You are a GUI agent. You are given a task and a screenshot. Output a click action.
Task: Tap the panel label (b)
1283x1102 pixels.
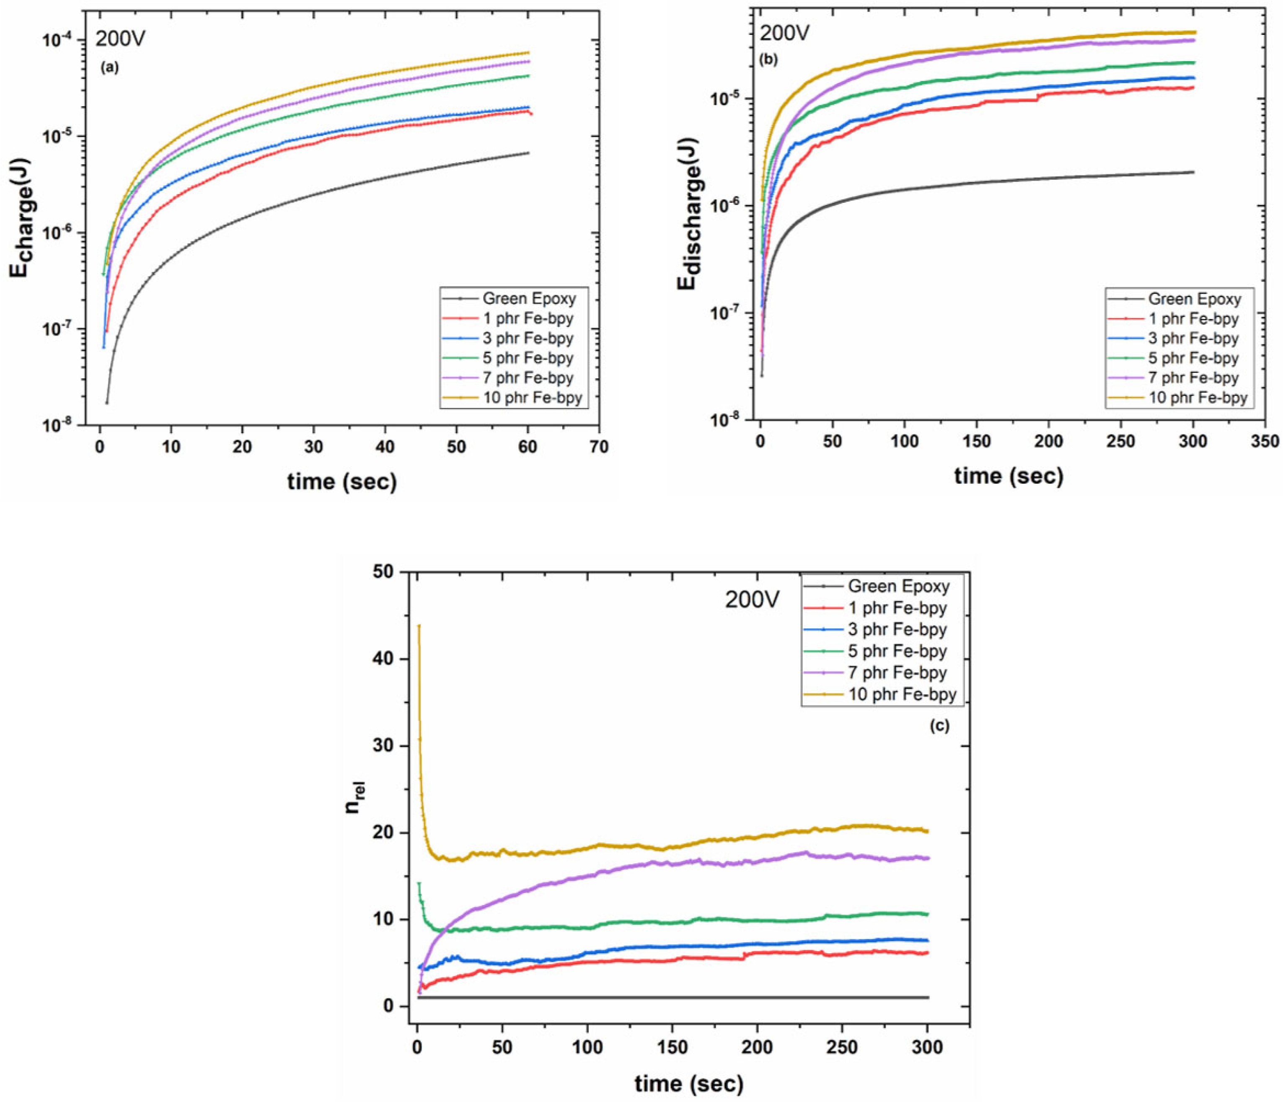[768, 60]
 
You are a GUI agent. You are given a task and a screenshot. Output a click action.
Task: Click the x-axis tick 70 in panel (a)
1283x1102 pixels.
[598, 447]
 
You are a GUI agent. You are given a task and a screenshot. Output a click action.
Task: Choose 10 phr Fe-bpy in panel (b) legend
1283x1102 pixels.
[1198, 398]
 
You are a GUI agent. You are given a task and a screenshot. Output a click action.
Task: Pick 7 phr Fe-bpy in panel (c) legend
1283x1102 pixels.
[897, 673]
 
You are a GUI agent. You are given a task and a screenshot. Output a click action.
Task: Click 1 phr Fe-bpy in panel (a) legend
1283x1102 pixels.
[528, 318]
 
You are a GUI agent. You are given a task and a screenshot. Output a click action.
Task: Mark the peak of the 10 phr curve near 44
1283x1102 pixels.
[419, 626]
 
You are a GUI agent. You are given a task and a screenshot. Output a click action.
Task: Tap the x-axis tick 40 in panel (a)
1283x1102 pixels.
[385, 447]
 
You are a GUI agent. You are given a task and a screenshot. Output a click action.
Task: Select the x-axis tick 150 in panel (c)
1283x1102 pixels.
[673, 1047]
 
